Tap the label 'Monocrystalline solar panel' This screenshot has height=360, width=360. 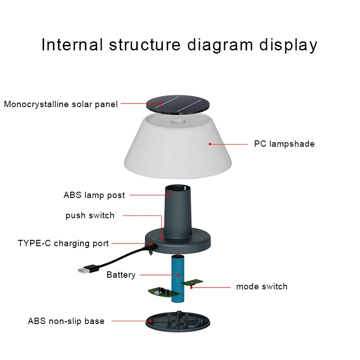pos(61,104)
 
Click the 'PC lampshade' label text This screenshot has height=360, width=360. pos(284,144)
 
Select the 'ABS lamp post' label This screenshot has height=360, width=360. pos(94,195)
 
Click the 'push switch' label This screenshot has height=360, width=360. pos(90,216)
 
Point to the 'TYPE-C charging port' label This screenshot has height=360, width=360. pos(63,243)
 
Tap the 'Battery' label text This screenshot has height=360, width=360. pos(121,274)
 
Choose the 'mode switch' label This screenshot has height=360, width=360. pos(262,287)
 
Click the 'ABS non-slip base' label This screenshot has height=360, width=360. pos(66,321)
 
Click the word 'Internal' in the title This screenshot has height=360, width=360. pos(72,45)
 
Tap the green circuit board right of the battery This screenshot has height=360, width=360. pos(192,283)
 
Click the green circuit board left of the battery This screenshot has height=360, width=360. pos(158,292)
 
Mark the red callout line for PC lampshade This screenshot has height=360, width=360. pos(229,144)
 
